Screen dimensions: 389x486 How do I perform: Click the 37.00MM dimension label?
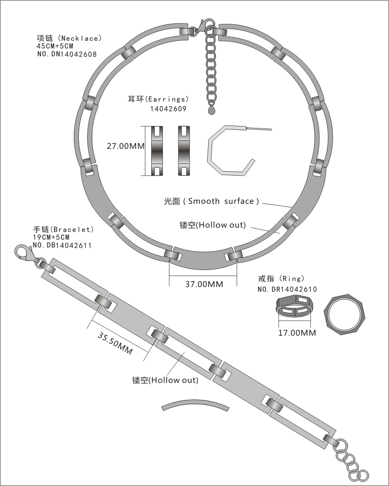click(204, 284)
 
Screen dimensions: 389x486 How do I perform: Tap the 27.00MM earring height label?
click(126, 145)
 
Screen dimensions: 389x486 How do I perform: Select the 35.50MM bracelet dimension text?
click(115, 343)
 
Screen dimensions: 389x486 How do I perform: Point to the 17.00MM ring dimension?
click(297, 333)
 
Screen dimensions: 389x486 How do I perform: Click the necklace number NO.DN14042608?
click(67, 54)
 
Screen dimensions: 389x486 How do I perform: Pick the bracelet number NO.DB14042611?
click(62, 246)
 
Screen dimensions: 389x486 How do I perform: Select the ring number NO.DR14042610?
click(287, 289)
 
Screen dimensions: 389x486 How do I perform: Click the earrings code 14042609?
click(168, 109)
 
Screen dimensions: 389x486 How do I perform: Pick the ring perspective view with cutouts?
click(294, 306)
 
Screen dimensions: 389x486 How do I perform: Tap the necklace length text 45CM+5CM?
click(55, 46)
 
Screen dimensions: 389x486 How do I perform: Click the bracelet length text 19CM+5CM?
click(51, 237)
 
